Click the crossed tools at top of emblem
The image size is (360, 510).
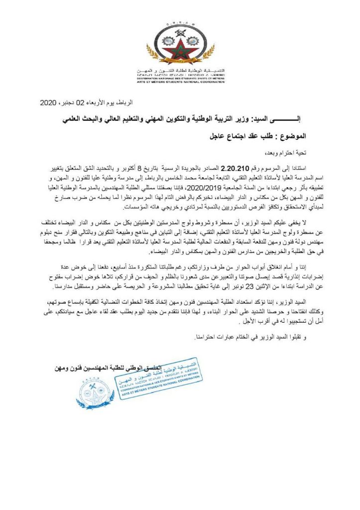click(x=179, y=23)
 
